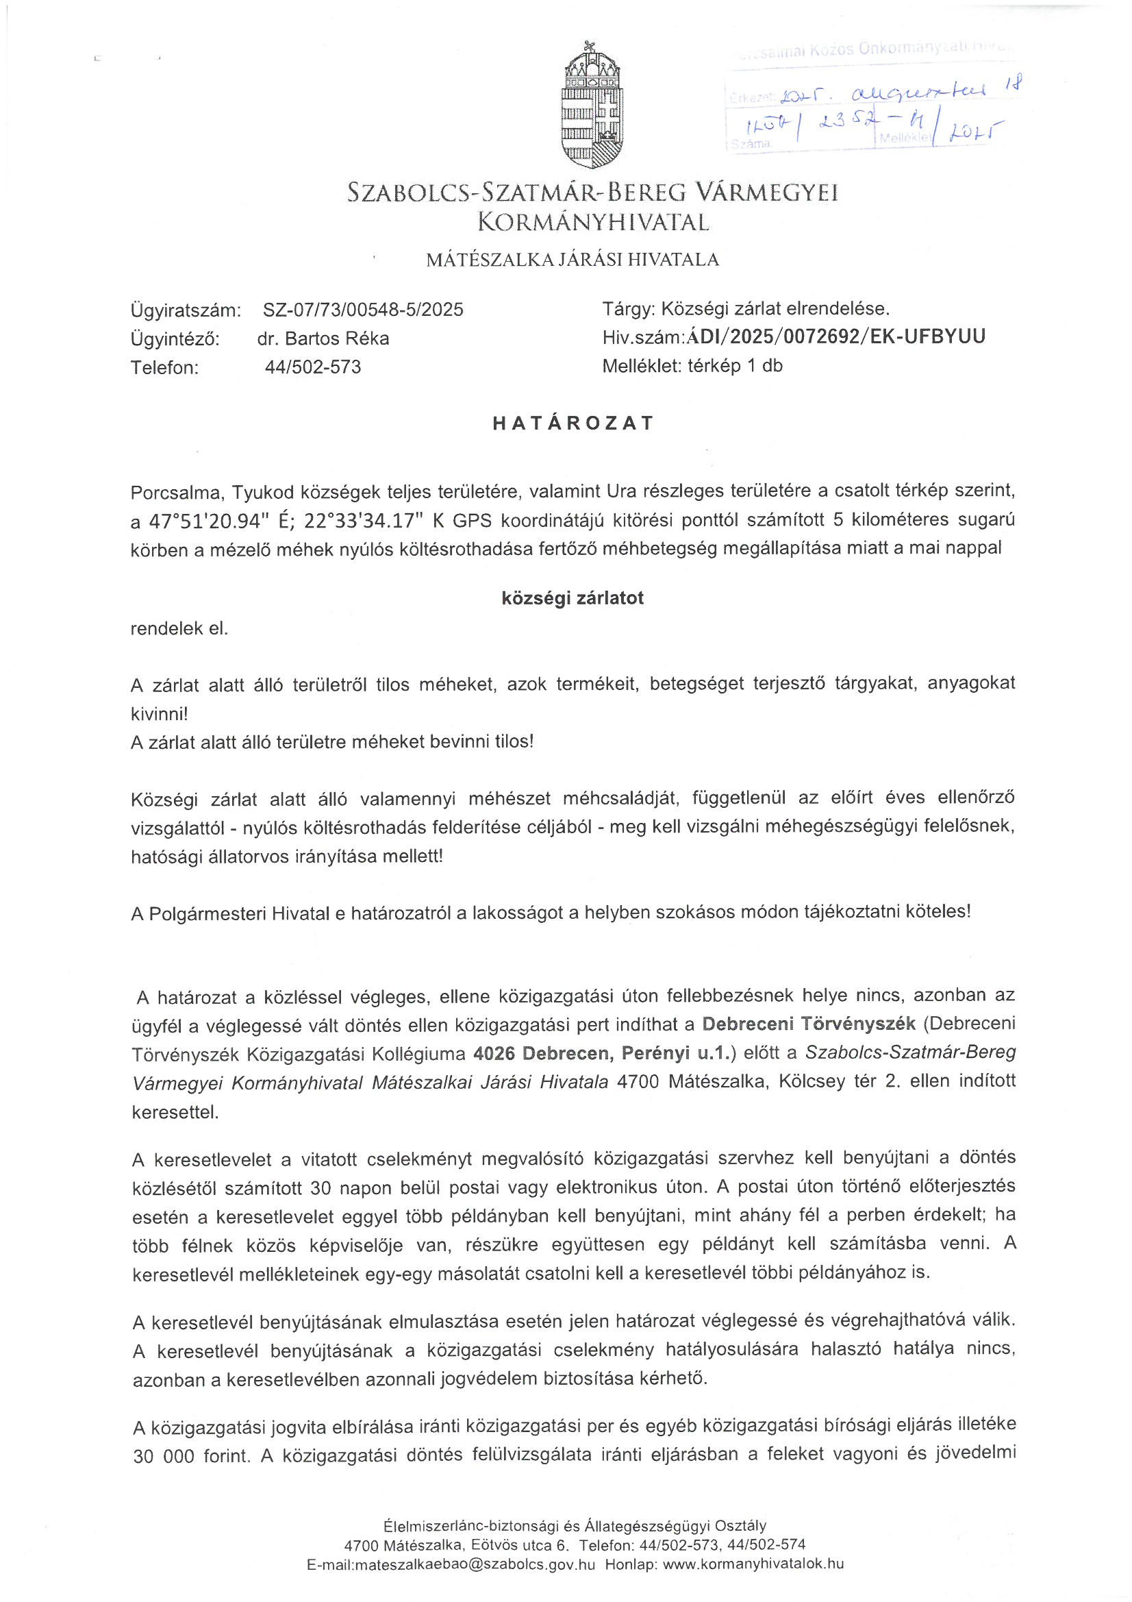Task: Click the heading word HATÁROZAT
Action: [x=573, y=423]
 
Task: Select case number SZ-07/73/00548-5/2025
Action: [x=363, y=309]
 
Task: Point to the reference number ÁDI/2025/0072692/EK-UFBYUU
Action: [x=836, y=337]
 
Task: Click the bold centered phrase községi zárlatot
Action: [x=573, y=598]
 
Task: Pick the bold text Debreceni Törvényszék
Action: [x=808, y=1024]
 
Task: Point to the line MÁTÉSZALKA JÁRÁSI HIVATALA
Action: [x=573, y=260]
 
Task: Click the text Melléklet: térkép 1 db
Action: [x=692, y=367]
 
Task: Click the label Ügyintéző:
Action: [x=175, y=338]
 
